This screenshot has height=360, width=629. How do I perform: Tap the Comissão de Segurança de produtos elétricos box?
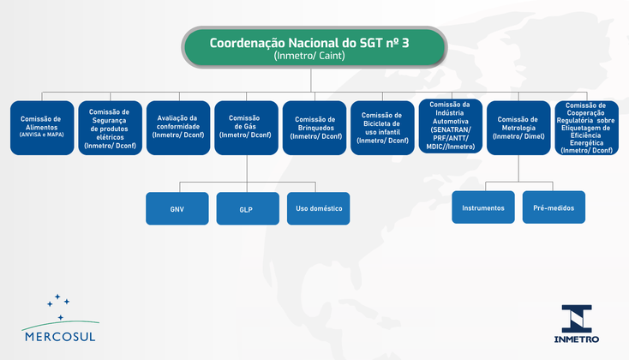(109, 128)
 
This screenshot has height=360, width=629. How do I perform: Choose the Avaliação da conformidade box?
(177, 128)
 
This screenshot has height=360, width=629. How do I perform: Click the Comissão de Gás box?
(245, 128)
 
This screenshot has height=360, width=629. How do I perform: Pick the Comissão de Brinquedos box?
(314, 128)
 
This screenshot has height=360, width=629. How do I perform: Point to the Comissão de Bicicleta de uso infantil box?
(382, 128)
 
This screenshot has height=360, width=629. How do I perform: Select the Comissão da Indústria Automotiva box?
(450, 128)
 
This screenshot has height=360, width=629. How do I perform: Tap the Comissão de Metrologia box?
(518, 128)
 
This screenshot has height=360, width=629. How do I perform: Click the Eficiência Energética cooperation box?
(586, 128)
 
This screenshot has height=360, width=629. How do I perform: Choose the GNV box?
(177, 208)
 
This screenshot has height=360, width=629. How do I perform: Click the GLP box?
(247, 208)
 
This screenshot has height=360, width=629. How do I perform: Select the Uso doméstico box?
(318, 208)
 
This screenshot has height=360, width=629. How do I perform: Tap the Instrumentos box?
(483, 207)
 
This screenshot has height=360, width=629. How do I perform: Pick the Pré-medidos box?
(554, 207)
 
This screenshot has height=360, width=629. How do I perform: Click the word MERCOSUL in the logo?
(60, 336)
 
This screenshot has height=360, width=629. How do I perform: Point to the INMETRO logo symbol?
(577, 317)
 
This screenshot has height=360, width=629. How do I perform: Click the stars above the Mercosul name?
(57, 303)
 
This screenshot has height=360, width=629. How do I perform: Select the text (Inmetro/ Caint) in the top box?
(314, 56)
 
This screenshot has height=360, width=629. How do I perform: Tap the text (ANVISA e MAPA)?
(40, 134)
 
